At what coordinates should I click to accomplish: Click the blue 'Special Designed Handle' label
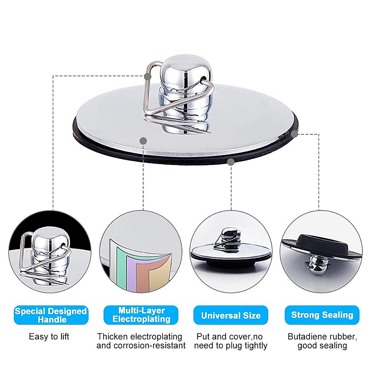(51, 315)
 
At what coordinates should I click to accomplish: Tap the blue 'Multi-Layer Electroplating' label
(141, 315)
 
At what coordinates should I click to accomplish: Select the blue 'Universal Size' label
(231, 315)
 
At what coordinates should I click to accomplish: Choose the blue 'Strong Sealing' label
(322, 315)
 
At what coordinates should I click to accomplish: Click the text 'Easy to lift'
(49, 336)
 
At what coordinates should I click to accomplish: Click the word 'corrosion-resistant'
(150, 345)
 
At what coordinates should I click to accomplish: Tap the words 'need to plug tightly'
(231, 345)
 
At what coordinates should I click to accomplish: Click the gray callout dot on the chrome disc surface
(143, 141)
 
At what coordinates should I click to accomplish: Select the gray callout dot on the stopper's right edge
(295, 134)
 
